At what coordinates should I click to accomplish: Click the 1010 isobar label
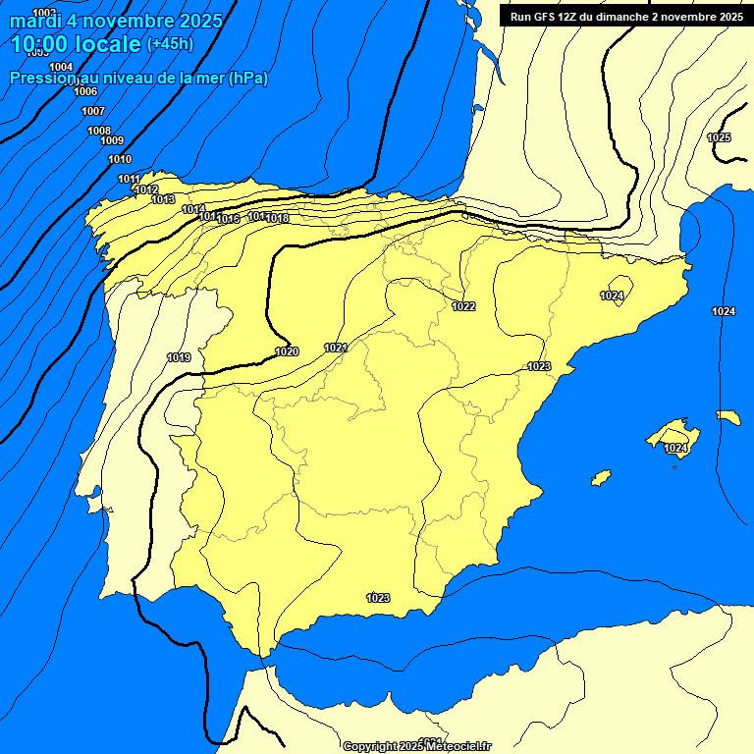120,159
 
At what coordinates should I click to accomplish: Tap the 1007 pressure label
93,111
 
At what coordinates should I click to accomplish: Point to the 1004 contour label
61,67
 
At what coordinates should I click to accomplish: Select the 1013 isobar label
163,199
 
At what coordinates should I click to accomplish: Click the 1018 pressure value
277,218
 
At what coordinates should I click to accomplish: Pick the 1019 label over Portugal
179,357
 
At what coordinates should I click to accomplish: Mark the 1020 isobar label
287,351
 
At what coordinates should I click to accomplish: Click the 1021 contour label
336,347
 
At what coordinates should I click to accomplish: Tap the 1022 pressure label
463,306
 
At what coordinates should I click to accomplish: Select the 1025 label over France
719,137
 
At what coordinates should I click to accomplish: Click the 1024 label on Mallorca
675,448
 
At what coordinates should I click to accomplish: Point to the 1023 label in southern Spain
378,597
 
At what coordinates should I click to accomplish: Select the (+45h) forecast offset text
170,44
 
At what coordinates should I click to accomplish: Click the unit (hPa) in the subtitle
247,79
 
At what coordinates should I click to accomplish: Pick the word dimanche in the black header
619,17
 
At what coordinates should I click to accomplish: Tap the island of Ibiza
601,478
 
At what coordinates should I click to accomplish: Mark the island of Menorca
727,417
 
